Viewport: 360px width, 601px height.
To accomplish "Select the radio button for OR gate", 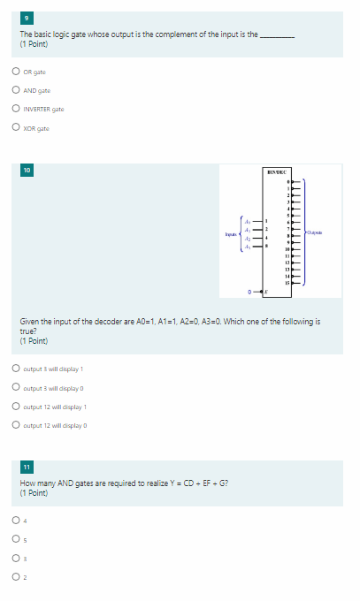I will (x=16, y=72).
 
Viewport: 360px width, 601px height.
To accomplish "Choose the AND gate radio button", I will (x=16, y=91).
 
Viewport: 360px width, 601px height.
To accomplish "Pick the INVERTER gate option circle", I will (x=16, y=110).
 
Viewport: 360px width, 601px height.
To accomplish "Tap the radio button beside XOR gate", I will (x=16, y=128).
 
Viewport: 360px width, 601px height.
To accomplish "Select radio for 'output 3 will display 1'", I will (x=16, y=369).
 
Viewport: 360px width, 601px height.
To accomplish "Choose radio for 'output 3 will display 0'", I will (x=16, y=387).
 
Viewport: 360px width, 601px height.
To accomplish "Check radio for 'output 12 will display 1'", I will (x=16, y=406).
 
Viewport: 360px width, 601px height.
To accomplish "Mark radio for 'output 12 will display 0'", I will (x=16, y=425).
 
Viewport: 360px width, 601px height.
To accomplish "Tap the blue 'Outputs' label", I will (x=315, y=232).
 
